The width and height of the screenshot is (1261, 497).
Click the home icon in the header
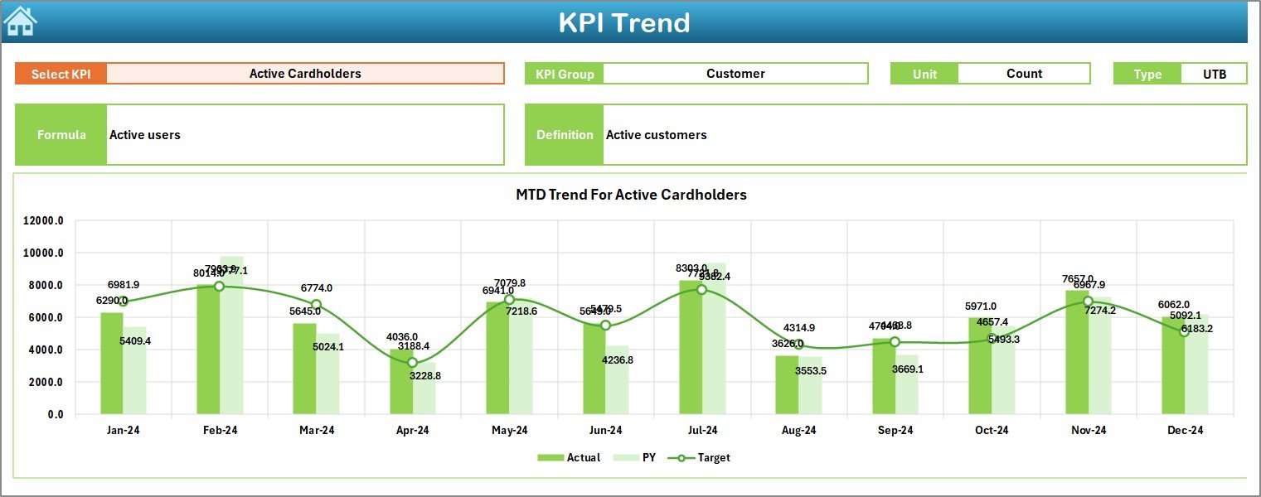[x=20, y=22]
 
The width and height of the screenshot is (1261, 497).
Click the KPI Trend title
[x=623, y=22]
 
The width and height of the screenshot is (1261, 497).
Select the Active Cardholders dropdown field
[x=305, y=74]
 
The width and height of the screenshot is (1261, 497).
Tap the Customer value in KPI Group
[x=735, y=74]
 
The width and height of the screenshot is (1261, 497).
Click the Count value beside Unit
[x=1023, y=74]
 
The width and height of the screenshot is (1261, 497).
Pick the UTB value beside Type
[x=1214, y=74]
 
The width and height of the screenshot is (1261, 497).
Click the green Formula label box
[x=61, y=135]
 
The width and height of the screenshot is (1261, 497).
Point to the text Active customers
[x=656, y=135]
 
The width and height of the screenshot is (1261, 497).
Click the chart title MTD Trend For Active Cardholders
[x=631, y=195]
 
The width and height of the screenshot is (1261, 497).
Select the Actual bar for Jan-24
[x=112, y=364]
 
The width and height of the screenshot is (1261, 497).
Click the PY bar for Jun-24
[x=617, y=381]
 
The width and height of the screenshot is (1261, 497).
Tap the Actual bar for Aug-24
[x=787, y=385]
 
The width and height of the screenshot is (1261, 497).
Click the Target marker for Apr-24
[x=413, y=363]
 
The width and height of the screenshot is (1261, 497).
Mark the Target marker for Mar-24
[x=316, y=305]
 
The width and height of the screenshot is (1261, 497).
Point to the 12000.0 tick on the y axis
[x=43, y=221]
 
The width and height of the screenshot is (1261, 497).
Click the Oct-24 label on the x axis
[x=992, y=431]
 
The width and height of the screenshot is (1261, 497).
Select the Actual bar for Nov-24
[x=1076, y=352]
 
